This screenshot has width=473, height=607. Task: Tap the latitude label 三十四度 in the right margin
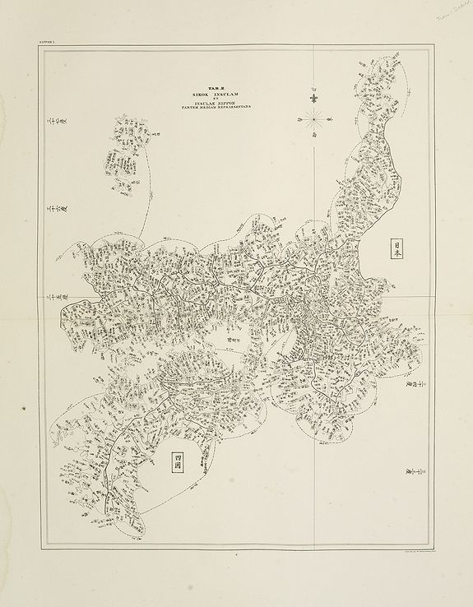point(411,378)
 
